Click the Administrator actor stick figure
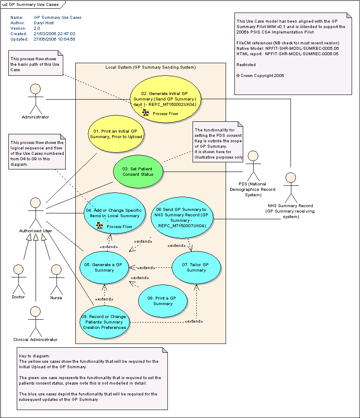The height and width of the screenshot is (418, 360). point(35,99)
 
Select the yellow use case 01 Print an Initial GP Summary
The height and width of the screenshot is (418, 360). point(116,134)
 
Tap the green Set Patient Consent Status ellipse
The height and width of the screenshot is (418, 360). point(138,172)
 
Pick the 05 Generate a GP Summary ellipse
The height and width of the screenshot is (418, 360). point(104,268)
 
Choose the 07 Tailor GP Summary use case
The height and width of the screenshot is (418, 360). point(196,268)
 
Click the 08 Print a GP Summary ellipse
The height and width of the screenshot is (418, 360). point(163,301)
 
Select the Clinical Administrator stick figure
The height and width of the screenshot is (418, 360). point(36,320)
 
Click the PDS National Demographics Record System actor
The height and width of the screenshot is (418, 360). point(253,165)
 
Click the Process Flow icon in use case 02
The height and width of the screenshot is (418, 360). point(145,113)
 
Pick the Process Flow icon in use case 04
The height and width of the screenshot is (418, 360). point(99,226)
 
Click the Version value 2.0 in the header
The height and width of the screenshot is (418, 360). point(37,28)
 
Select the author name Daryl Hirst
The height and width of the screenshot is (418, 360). point(44,23)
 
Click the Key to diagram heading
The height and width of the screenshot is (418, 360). point(34,356)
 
